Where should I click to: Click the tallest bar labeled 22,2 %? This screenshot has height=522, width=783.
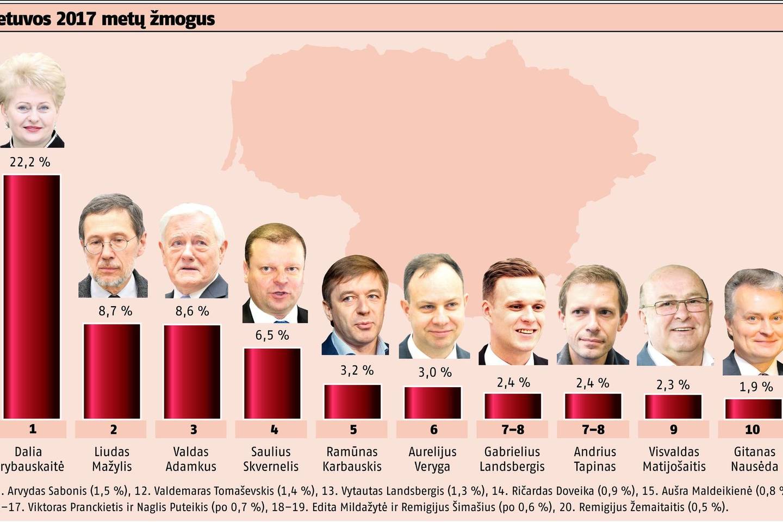[32, 296]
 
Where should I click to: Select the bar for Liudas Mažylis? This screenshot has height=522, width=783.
[112, 371]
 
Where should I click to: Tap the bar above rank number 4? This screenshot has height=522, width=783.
[272, 383]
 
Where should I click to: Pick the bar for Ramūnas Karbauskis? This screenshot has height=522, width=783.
[352, 402]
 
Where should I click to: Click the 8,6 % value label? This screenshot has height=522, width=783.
[191, 312]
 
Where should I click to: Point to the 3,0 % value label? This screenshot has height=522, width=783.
[434, 372]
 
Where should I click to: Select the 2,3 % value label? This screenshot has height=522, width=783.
[673, 385]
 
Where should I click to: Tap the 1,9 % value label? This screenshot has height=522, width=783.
[756, 387]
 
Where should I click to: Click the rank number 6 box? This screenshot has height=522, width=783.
[433, 430]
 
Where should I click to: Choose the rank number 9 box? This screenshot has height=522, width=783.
[673, 430]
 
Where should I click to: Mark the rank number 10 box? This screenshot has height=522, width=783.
[752, 430]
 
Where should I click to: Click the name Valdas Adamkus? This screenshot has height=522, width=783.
[191, 459]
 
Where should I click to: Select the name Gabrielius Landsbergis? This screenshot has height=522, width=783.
[512, 459]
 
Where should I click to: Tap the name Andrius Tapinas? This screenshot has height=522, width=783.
[594, 459]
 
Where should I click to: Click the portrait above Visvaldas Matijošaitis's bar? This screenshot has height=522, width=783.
[674, 315]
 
